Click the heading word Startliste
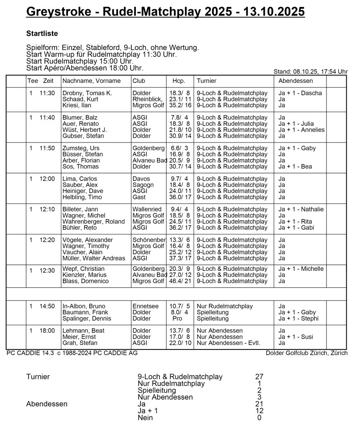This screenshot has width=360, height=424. [42, 34]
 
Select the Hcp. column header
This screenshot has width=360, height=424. [179, 81]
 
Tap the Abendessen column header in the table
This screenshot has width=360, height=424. [295, 81]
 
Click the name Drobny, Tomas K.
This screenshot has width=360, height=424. [87, 93]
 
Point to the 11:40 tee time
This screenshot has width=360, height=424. [47, 118]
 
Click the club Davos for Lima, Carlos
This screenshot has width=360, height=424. [141, 179]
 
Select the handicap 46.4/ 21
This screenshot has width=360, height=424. [180, 281]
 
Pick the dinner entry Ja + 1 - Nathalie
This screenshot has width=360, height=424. [301, 210]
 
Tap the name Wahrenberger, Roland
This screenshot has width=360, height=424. [93, 222]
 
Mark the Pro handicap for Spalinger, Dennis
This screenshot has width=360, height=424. [177, 318]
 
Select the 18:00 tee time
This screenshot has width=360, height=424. [47, 330]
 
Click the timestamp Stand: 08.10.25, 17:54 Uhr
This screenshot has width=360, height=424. [311, 72]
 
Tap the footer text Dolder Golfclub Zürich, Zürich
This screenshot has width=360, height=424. [307, 353]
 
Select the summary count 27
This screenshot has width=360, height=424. [259, 377]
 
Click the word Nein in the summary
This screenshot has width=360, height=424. [145, 418]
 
